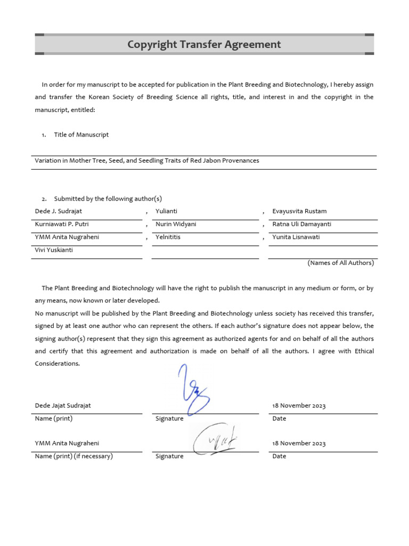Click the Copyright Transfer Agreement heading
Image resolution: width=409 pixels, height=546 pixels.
204,45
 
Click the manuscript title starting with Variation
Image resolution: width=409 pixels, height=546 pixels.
147,160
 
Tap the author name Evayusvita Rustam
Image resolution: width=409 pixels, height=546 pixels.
299,211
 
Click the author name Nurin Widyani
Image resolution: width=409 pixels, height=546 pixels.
176,224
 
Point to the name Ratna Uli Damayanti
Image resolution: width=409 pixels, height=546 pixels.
302,224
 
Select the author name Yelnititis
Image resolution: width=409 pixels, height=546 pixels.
168,237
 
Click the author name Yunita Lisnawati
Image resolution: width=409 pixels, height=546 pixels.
296,237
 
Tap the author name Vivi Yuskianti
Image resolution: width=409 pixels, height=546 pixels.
54,250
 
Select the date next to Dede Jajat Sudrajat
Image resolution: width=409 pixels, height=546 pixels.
299,406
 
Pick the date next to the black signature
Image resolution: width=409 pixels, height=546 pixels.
299,443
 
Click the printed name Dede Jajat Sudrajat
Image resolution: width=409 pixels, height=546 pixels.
63,406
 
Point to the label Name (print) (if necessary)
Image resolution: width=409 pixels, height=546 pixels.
74,456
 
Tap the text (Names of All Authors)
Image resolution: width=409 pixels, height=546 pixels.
340,263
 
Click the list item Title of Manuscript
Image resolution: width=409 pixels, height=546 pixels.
81,135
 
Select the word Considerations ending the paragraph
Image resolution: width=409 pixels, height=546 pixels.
57,363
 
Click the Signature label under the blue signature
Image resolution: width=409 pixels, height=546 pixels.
169,419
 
